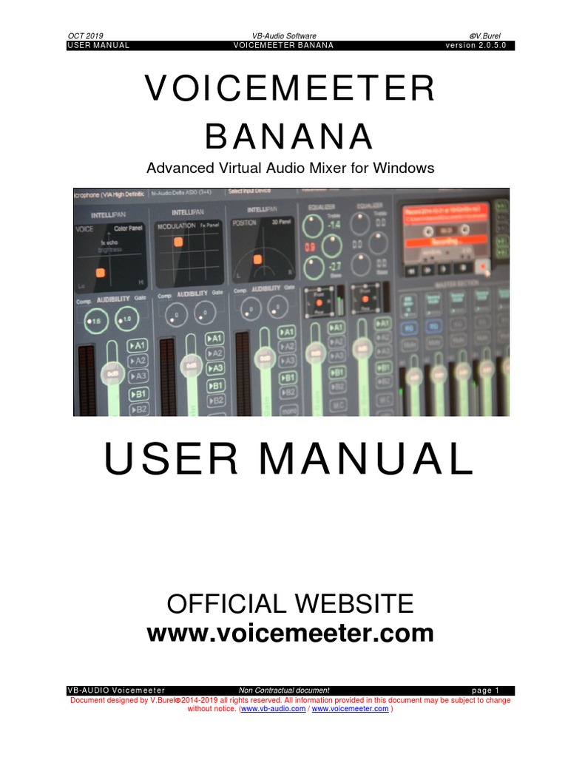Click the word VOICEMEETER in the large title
(290, 90)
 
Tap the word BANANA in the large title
(289, 137)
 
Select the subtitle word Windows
(406, 168)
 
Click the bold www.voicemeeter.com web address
(290, 634)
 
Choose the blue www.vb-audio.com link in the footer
(273, 708)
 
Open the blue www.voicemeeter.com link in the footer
(350, 708)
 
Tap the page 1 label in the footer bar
(486, 690)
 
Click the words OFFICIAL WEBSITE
(290, 604)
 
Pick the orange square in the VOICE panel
(101, 273)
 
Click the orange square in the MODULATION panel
(178, 242)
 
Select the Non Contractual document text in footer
(284, 690)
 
